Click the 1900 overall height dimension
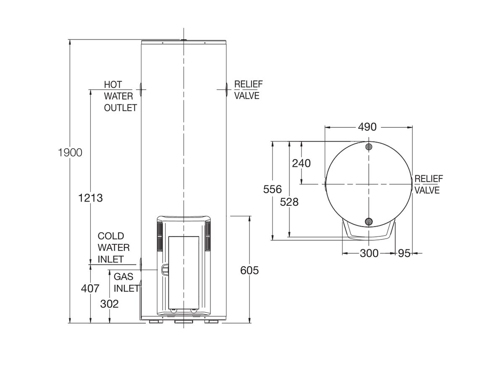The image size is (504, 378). pyautogui.click(x=70, y=152)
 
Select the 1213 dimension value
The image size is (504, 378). pyautogui.click(x=90, y=198)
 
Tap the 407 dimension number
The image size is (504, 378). pyautogui.click(x=90, y=289)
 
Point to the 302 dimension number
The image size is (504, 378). pyautogui.click(x=109, y=304)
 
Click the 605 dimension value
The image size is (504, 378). pyautogui.click(x=249, y=270)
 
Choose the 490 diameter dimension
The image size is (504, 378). pyautogui.click(x=367, y=127)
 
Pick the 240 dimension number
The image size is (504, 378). pyautogui.click(x=301, y=163)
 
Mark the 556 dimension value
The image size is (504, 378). pyautogui.click(x=273, y=189)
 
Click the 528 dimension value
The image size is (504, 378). pyautogui.click(x=289, y=202)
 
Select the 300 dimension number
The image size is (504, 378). pyautogui.click(x=369, y=253)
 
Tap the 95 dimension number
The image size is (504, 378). pyautogui.click(x=404, y=253)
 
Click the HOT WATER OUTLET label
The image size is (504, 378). pyautogui.click(x=120, y=96)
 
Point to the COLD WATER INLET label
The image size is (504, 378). pyautogui.click(x=113, y=248)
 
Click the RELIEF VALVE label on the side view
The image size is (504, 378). pyautogui.click(x=247, y=90)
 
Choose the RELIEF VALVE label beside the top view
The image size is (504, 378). pyautogui.click(x=428, y=184)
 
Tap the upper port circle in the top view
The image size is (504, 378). pyautogui.click(x=369, y=147)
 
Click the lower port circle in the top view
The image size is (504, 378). pyautogui.click(x=369, y=222)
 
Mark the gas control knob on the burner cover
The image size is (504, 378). pyautogui.click(x=164, y=269)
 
